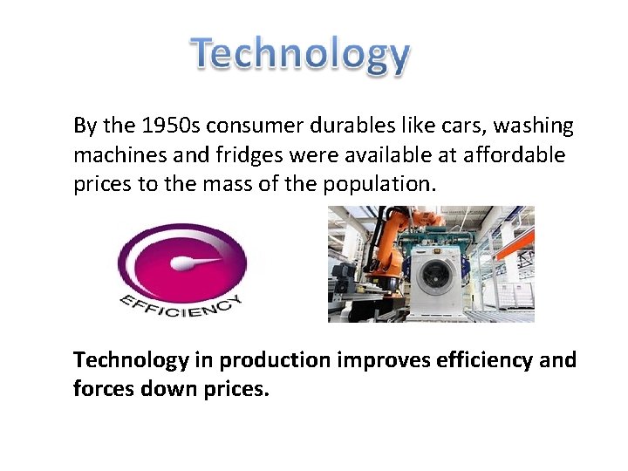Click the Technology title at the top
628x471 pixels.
pyautogui.click(x=301, y=55)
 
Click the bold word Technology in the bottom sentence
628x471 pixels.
pyautogui.click(x=131, y=359)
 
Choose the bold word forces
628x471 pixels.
pyautogui.click(x=101, y=389)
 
